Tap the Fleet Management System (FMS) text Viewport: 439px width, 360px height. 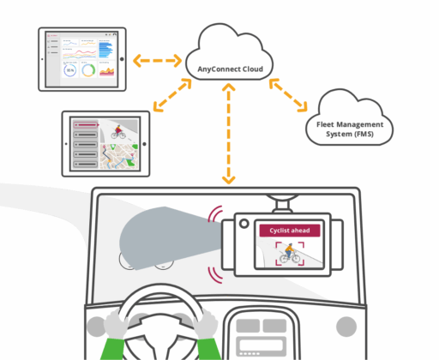[x=351, y=129]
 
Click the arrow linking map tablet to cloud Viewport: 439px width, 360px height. [x=171, y=95]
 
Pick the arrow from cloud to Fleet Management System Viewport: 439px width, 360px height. [x=289, y=94]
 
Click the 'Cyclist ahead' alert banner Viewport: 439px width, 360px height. [x=290, y=230]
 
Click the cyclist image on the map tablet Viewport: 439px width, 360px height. [x=117, y=133]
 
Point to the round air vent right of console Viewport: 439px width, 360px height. [x=346, y=326]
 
